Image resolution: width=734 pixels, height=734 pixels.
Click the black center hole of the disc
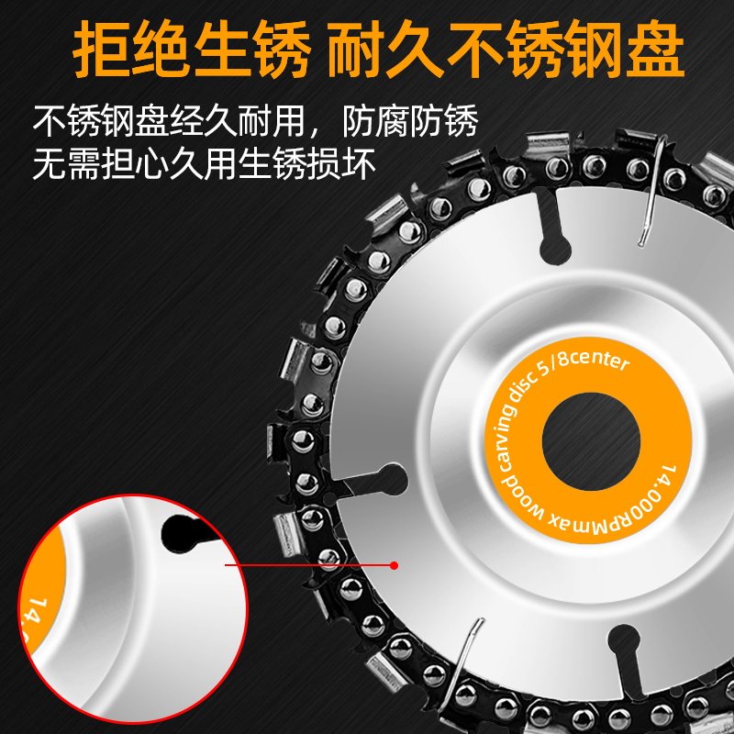591,441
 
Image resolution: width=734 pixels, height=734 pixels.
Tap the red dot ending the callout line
395,565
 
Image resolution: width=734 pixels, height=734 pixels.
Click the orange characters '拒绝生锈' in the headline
192,50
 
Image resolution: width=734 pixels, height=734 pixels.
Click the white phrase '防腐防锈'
410,121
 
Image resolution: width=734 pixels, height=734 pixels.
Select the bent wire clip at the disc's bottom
464,655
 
